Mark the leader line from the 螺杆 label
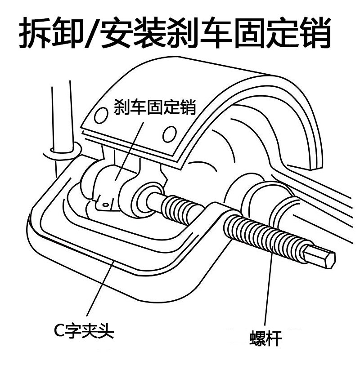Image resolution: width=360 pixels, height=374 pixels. [269, 292]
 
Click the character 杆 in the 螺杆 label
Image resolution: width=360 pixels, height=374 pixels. [274, 338]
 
